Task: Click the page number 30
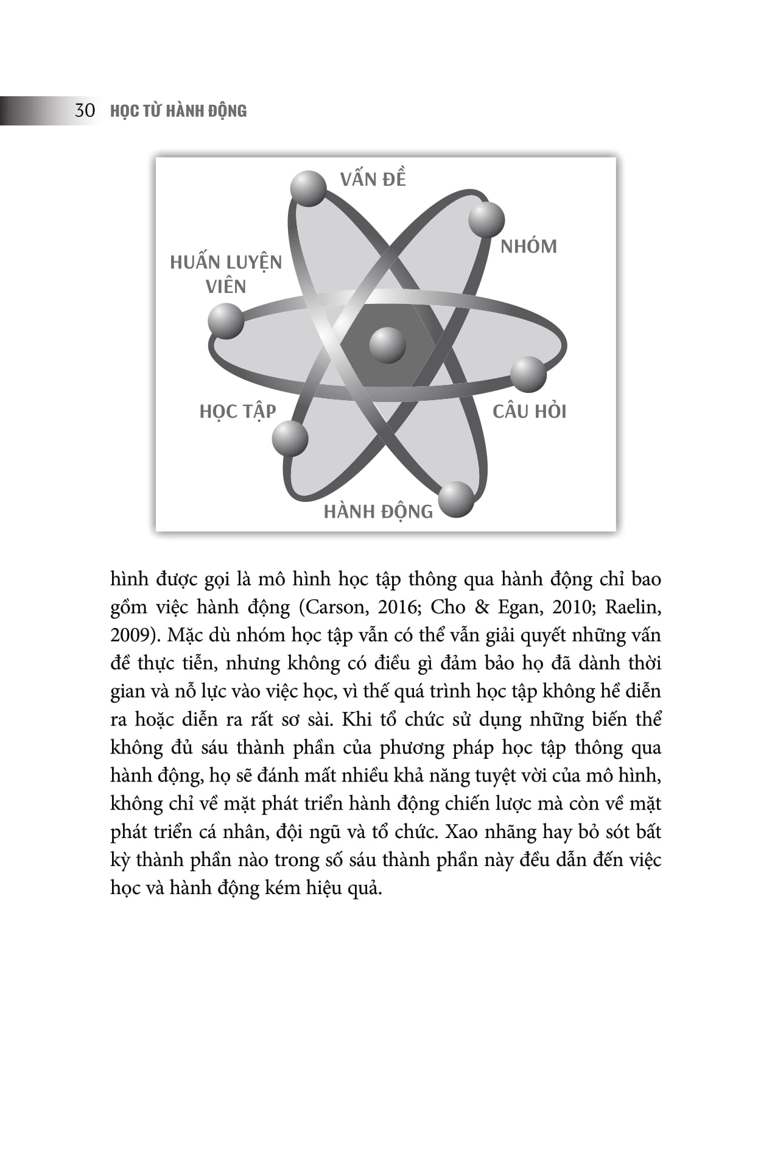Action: point(85,111)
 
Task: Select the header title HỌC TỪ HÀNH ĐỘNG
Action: point(178,111)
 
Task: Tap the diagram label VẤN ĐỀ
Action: point(373,179)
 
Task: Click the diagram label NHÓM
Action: point(528,247)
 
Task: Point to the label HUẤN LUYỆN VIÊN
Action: point(226,274)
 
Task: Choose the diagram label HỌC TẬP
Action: point(237,412)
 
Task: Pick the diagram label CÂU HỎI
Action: point(529,412)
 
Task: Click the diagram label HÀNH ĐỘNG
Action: point(378,512)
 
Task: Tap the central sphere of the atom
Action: point(387,345)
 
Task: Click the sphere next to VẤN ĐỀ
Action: point(308,188)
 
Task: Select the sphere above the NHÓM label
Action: point(486,219)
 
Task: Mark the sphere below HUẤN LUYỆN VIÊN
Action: point(226,320)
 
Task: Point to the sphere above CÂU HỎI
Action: point(528,374)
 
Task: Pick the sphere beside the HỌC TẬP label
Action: point(290,438)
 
